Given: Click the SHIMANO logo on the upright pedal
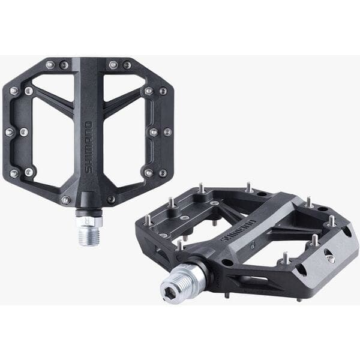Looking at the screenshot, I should click(x=89, y=148).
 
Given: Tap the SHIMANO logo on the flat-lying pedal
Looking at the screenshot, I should click(x=239, y=230).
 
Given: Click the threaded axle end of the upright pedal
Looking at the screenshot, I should click(x=89, y=234).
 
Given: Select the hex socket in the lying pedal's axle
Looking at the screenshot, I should click(x=172, y=290).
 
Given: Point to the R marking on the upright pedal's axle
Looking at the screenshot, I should click(x=89, y=220).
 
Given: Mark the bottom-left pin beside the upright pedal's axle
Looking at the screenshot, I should click(x=65, y=200).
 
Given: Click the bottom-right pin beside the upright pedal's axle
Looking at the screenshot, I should click(x=112, y=199).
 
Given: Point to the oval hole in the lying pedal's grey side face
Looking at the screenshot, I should click(x=329, y=257).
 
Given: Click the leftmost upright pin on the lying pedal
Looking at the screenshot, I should click(x=148, y=220).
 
